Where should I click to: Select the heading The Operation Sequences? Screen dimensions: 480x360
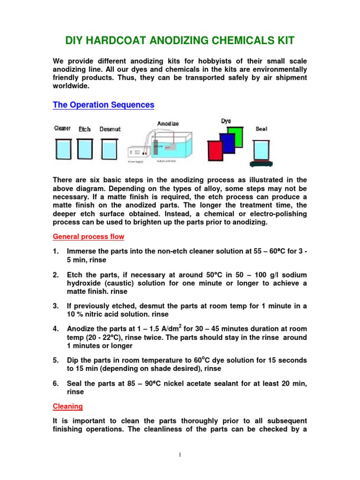pos(103,105)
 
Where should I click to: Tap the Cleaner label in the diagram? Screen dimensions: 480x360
pos(62,128)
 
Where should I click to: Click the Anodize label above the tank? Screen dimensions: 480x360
pos(167,124)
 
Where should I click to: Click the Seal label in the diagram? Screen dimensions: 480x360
pos(262,128)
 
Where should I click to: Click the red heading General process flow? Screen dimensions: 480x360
pos(88,237)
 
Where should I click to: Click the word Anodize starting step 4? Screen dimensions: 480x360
pos(82,329)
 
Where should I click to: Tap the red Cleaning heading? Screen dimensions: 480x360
pos(67,406)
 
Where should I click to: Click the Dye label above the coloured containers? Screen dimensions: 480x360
pos(226,121)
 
